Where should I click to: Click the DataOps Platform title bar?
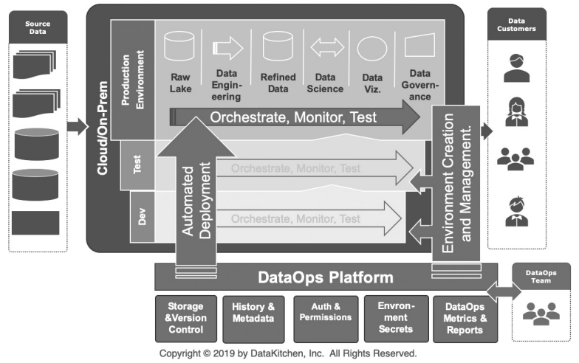pos(325,278)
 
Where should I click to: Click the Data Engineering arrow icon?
pos(228,48)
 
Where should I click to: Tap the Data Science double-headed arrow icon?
pos(326,48)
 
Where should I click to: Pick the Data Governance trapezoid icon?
pos(419,47)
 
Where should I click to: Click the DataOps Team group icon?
pos(541,314)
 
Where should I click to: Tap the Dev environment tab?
pos(142,218)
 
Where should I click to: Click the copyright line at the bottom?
pos(288,353)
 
